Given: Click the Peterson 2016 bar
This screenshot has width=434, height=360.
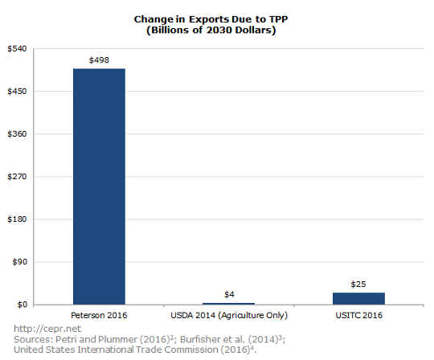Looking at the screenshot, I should (x=99, y=186).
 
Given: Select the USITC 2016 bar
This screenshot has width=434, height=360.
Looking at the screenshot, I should (x=359, y=298).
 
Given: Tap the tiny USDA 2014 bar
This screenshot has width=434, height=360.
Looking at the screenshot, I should (x=229, y=303).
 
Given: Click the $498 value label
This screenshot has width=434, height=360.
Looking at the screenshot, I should (x=99, y=59).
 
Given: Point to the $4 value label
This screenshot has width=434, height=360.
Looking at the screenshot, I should (x=229, y=293).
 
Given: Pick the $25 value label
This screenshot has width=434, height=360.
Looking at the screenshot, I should (x=359, y=284).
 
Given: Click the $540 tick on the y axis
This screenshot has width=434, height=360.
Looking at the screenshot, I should (x=17, y=49).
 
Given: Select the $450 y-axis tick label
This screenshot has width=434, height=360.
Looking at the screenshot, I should (x=17, y=92).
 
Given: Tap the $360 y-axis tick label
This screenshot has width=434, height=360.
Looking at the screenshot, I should (x=17, y=134).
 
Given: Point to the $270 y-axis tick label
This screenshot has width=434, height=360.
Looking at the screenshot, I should (x=17, y=177).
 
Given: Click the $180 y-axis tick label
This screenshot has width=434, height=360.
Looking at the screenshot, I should (x=17, y=219).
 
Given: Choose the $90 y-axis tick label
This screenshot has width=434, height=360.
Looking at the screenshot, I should (x=19, y=262).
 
